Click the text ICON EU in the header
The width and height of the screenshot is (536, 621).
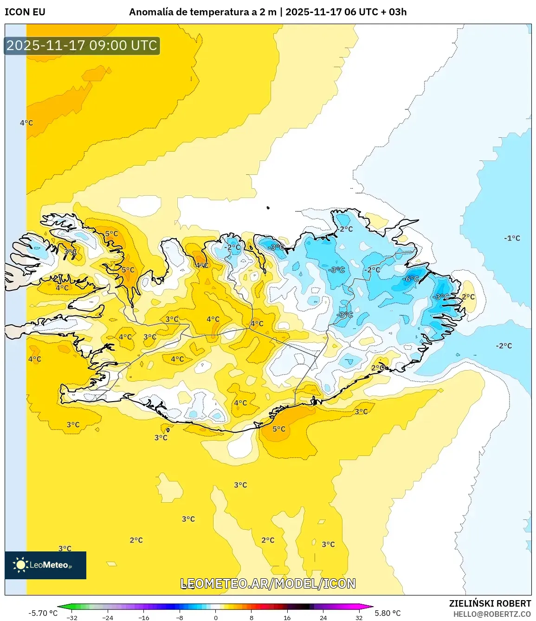(x=25, y=12)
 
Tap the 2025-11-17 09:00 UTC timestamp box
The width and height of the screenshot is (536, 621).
(x=82, y=45)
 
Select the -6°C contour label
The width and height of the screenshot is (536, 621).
(x=411, y=279)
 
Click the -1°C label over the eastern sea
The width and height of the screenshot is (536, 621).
(x=512, y=238)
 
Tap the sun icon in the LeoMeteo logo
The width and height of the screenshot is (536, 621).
(x=20, y=564)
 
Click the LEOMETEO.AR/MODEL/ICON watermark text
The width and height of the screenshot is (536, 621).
(x=268, y=583)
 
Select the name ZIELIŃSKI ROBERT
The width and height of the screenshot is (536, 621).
(x=490, y=603)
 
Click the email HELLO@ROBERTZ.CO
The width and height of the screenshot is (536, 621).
(x=492, y=614)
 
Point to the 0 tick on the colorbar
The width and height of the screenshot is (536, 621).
(x=215, y=618)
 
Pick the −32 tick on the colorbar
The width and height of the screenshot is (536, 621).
(x=72, y=618)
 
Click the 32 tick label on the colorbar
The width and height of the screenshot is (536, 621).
(x=359, y=618)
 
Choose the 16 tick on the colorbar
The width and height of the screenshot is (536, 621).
(x=287, y=618)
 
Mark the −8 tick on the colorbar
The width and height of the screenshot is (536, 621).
(x=180, y=618)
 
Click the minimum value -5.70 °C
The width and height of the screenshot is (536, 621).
(x=43, y=613)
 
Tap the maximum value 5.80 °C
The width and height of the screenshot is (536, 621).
(x=387, y=613)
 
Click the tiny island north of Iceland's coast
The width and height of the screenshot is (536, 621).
(x=268, y=208)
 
